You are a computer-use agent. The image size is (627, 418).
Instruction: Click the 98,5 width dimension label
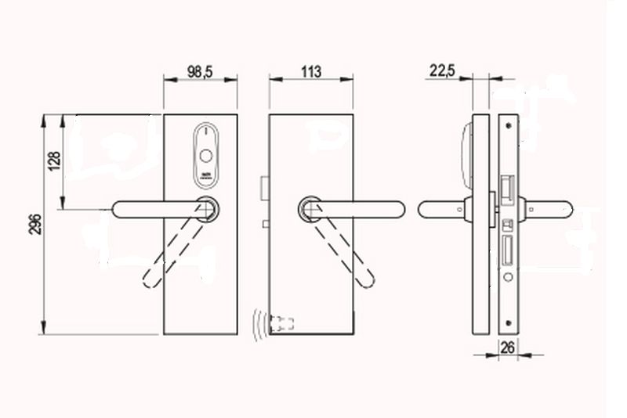[x=200, y=71]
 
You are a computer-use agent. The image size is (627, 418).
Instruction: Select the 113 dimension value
[x=310, y=71]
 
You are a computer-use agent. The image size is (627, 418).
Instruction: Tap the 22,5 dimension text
[x=442, y=70]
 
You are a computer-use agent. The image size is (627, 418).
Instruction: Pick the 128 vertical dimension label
[x=54, y=161]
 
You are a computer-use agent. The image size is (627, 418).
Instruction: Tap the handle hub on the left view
[x=208, y=209]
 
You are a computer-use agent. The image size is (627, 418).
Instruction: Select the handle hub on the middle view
[x=310, y=209]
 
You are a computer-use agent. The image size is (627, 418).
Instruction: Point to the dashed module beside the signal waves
[x=281, y=323]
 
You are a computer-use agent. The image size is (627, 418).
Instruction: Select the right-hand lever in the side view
[x=549, y=209]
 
